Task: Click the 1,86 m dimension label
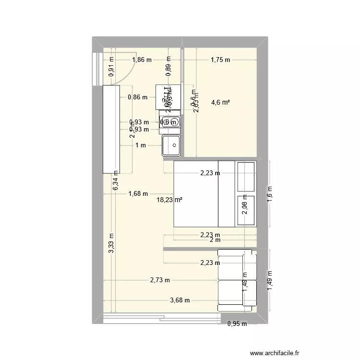coord(142,60)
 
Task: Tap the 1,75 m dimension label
coord(220,60)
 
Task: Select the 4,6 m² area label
coord(220,102)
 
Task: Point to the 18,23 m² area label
coord(169,201)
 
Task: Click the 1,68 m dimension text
coord(138,194)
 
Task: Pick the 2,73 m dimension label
coord(159,280)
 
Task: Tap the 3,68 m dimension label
coord(180,300)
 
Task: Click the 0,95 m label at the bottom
coord(237,324)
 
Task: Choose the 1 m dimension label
coord(140,145)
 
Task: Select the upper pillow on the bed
coord(247,176)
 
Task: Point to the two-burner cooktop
coord(170,122)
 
